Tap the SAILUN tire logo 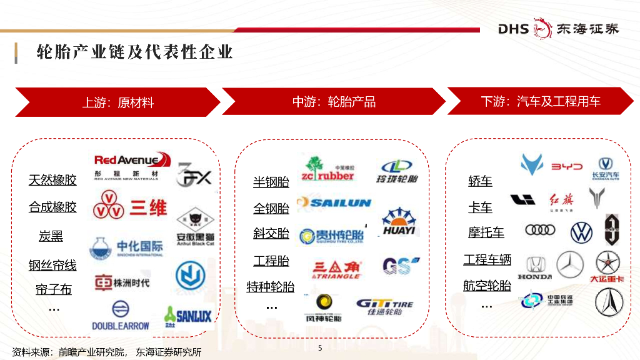point(334,202)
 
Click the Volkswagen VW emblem point(581,232)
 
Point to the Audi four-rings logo point(540,230)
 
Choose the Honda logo point(535,267)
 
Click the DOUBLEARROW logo point(121,316)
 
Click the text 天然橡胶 point(52,180)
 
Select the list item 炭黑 point(51,236)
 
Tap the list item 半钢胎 point(271,182)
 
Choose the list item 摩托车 point(486,232)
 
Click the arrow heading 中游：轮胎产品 point(334,102)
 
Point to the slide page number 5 point(320,348)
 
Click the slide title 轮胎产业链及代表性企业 point(135,51)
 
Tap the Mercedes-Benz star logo point(569,265)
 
